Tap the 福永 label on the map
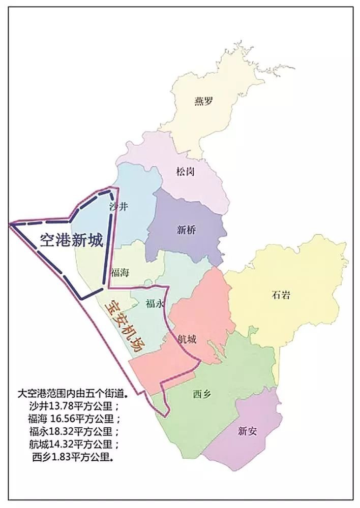tap(154, 304)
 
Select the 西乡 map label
tap(201, 394)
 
